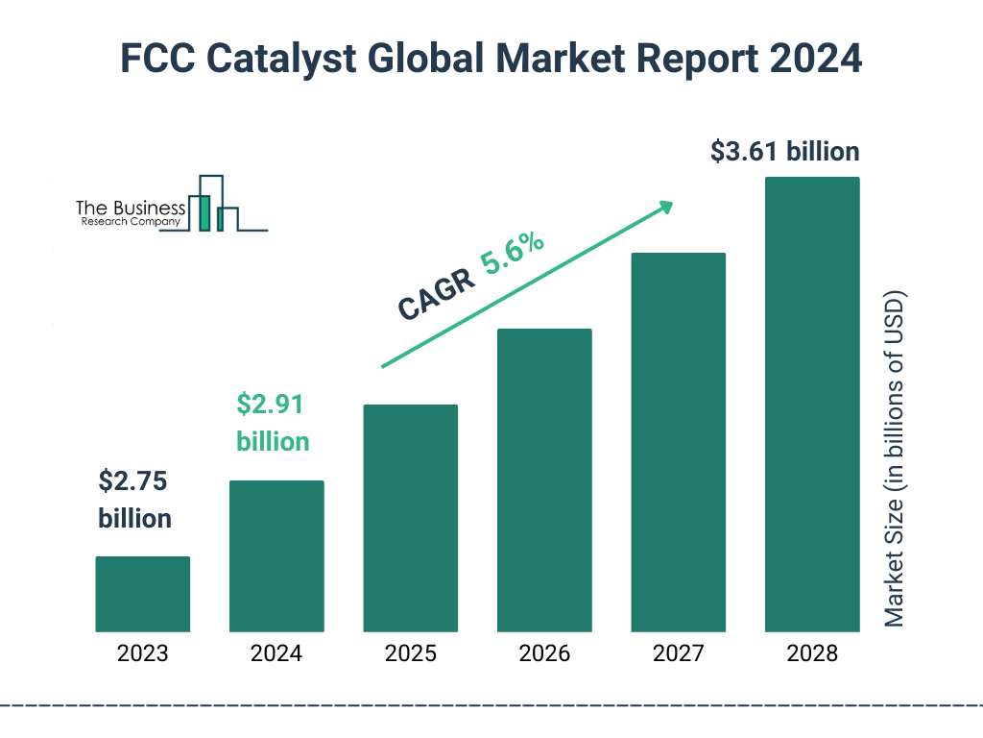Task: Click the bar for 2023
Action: point(142,594)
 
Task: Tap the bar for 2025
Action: point(410,518)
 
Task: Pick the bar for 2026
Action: point(544,480)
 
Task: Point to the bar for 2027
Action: point(678,442)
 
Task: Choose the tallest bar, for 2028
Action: point(811,405)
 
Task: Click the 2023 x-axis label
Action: point(142,654)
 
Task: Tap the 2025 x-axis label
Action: point(410,654)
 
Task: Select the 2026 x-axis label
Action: point(544,654)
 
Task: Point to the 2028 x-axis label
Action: point(811,654)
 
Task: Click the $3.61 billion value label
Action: point(784,152)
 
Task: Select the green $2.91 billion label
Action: point(273,423)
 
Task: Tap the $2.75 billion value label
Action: point(135,500)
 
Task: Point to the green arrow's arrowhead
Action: point(664,207)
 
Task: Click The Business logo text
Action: point(130,209)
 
